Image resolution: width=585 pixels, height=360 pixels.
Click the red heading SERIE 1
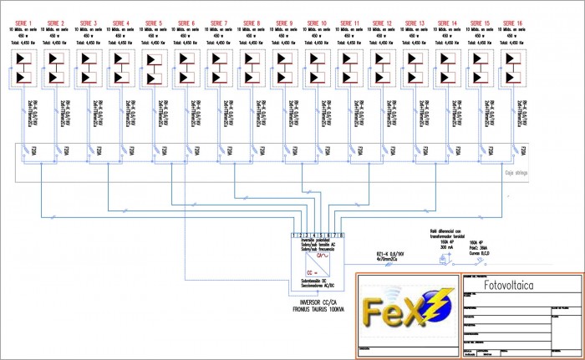(x=26, y=23)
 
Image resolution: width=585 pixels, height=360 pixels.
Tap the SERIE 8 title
(x=253, y=23)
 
